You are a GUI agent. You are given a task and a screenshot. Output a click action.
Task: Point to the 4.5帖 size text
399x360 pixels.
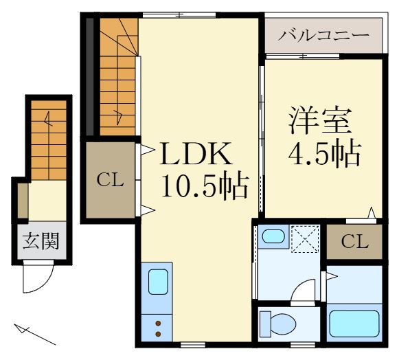click(323, 155)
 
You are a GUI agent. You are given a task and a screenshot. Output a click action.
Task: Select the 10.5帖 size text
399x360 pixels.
click(203, 185)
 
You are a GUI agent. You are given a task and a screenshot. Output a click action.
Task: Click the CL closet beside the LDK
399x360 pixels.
click(110, 180)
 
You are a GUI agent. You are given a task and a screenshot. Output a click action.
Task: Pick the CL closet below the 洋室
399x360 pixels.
click(354, 242)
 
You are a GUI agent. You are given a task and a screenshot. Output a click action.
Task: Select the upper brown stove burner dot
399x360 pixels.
click(159, 323)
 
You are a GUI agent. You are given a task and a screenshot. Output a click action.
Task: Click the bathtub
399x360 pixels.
click(354, 323)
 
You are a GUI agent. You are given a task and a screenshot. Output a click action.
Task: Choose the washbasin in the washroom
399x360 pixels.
click(274, 237)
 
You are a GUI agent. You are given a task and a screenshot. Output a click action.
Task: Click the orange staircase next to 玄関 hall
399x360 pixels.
click(48, 141)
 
